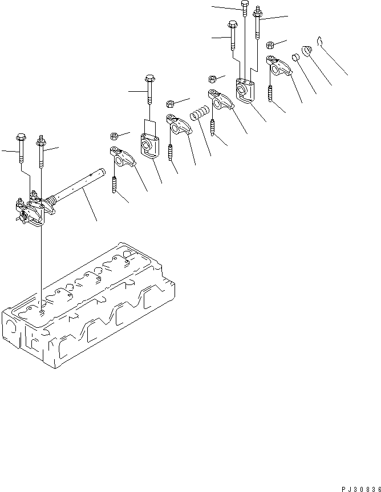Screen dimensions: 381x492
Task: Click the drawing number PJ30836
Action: pyautogui.click(x=361, y=489)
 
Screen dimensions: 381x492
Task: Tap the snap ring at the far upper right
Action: pyautogui.click(x=319, y=41)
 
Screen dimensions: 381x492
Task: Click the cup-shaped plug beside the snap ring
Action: pyautogui.click(x=307, y=51)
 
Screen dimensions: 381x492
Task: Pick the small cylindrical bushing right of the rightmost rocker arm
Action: pyautogui.click(x=295, y=58)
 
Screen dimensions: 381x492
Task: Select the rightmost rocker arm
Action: pyautogui.click(x=279, y=65)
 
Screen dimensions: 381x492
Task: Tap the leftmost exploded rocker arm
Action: pyautogui.click(x=123, y=156)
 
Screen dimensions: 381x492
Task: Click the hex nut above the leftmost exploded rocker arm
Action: pyautogui.click(x=115, y=136)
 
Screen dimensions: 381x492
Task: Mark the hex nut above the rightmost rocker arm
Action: pyautogui.click(x=270, y=45)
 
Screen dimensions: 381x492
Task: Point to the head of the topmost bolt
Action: pyautogui.click(x=245, y=3)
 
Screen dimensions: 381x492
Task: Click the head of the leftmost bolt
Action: pyautogui.click(x=21, y=137)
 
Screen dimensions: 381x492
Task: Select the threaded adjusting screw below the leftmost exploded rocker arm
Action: pyautogui.click(x=114, y=185)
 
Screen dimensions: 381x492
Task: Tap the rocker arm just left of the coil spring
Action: pyautogui.click(x=179, y=124)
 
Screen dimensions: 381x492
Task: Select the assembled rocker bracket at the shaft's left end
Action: pyautogui.click(x=31, y=210)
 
